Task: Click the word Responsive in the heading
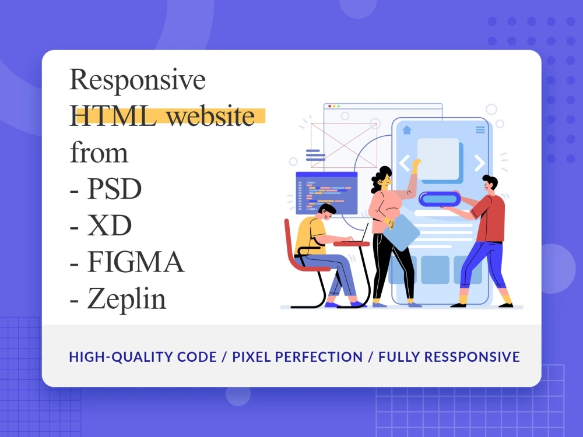(138, 80)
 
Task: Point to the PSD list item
(114, 190)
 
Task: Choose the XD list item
(109, 227)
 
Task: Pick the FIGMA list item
(136, 263)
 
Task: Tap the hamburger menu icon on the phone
(480, 129)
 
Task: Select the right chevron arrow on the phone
(479, 163)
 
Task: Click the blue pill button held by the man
(440, 199)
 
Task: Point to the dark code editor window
(326, 192)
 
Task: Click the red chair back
(290, 239)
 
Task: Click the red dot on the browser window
(328, 106)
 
